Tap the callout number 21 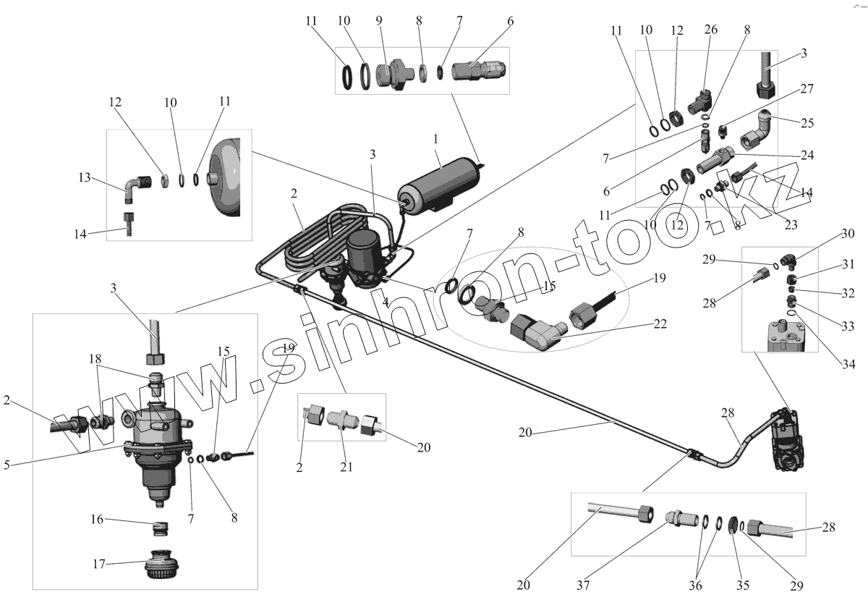(x=346, y=466)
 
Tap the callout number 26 (x=710, y=30)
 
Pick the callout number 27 (x=807, y=89)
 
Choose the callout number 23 (x=791, y=225)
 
